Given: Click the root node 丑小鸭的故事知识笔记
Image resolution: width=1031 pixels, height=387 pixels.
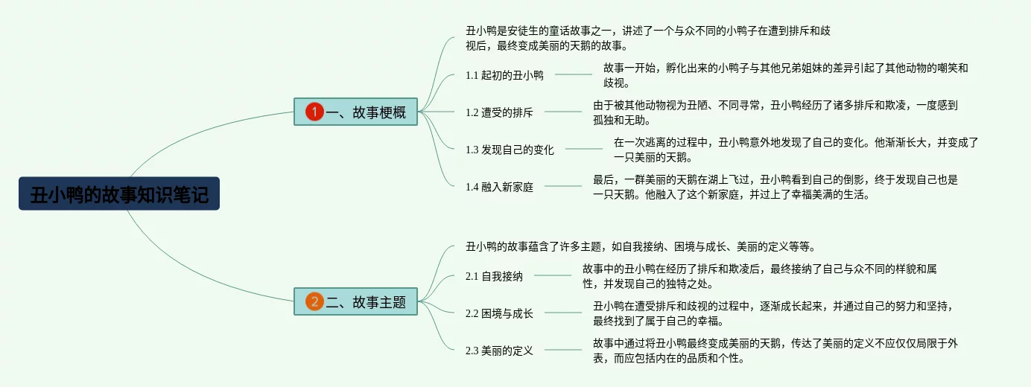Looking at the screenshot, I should point(119,193).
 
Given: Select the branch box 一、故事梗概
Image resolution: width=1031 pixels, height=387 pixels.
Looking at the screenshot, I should point(355,112).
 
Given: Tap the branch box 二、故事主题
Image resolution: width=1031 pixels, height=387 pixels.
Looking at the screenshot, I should point(355,301).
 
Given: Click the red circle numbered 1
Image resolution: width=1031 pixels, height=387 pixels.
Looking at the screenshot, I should point(314,112).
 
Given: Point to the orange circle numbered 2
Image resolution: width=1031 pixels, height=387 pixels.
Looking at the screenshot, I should point(314,301).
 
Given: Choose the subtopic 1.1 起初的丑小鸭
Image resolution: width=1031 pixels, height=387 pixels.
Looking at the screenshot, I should point(504,75).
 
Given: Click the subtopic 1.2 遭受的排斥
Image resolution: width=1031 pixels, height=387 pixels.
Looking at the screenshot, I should point(499,113).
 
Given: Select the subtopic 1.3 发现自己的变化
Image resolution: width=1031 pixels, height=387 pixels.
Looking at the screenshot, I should point(510,150).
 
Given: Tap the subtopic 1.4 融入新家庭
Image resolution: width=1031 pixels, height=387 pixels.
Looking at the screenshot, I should point(499,187).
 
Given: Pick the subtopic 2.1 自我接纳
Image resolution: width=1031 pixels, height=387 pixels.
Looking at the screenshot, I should point(494,276).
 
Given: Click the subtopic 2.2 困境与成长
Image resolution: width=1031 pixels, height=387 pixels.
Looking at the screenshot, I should point(499,313).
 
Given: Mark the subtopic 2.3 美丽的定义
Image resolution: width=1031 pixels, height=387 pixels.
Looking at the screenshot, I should point(499,351).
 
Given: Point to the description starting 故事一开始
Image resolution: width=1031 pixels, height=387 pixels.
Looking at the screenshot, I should point(785,75).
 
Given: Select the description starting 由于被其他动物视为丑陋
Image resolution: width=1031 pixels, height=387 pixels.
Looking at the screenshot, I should point(775,113).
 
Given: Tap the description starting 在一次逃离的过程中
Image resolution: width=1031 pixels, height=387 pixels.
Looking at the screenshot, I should point(796,150).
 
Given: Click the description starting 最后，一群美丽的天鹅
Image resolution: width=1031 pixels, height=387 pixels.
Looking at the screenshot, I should point(775,187).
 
